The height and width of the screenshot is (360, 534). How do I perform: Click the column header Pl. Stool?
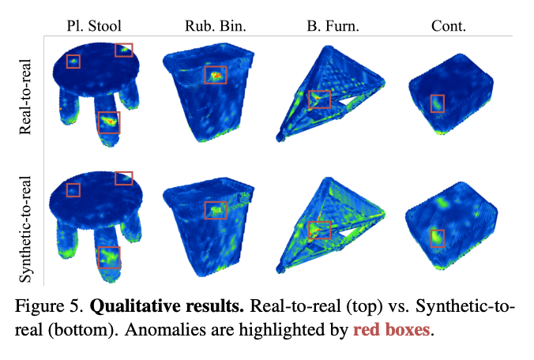(x=94, y=26)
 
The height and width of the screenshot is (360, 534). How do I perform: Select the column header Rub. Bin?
(x=216, y=26)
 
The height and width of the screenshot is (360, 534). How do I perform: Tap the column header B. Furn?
(x=333, y=26)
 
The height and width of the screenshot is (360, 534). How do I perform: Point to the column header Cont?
(x=449, y=26)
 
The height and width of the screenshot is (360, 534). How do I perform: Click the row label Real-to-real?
(x=25, y=96)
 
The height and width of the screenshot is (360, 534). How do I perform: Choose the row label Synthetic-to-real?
(x=25, y=229)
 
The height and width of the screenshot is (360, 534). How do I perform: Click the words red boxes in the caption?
(x=391, y=329)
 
